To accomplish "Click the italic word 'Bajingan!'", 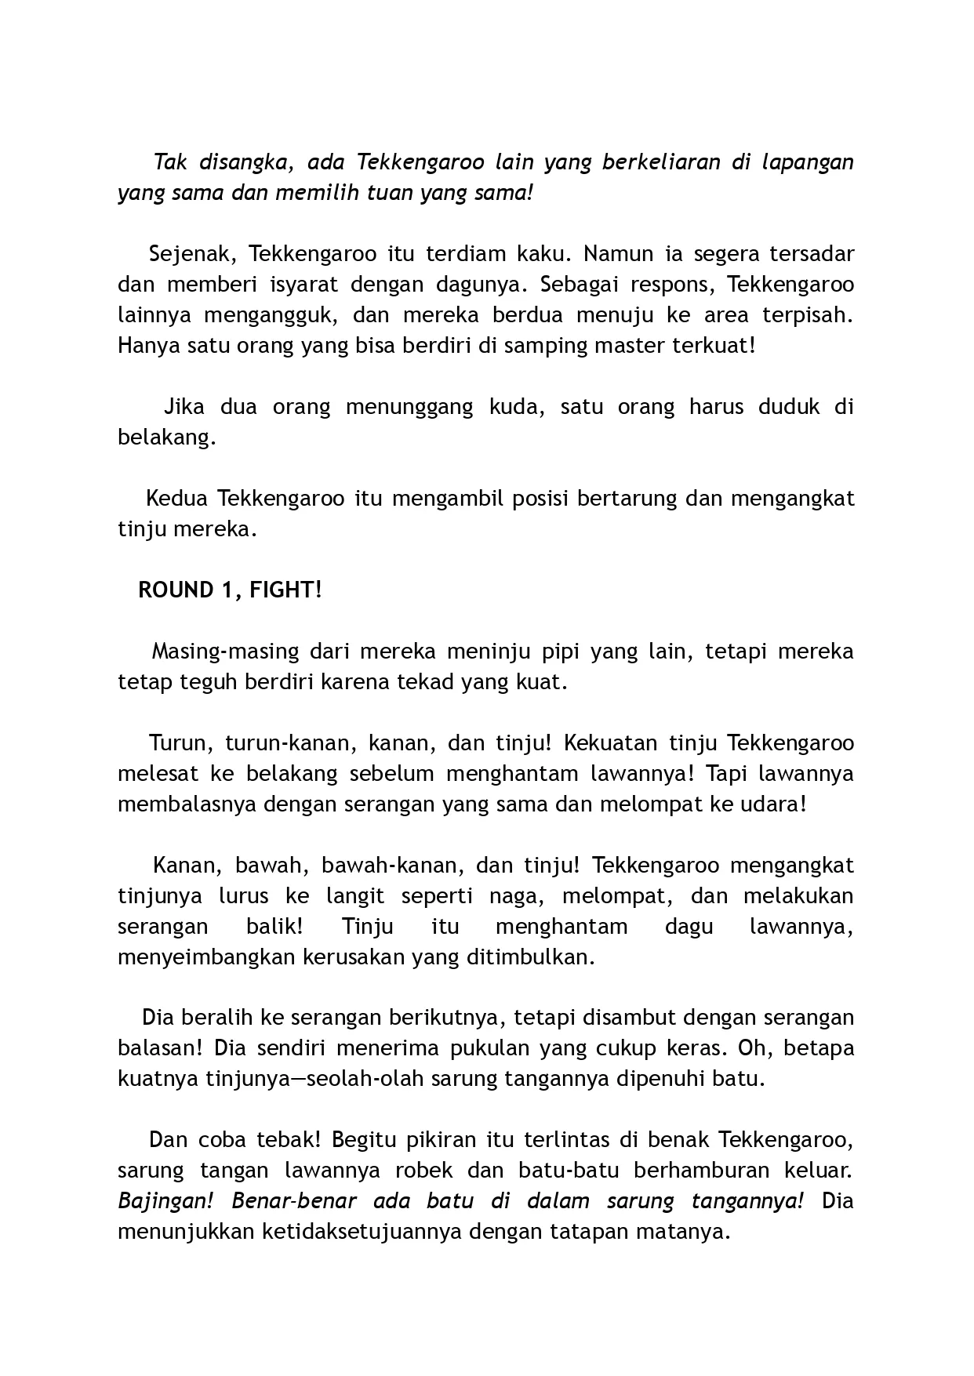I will coord(163,1202).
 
